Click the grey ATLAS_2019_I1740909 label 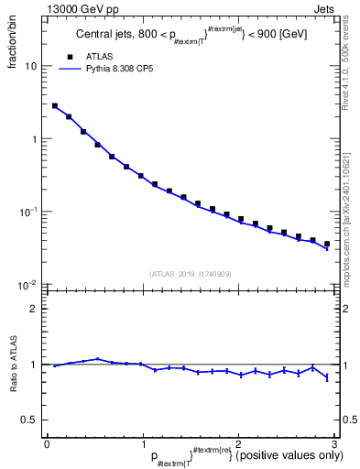tap(191, 273)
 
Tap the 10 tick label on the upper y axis tap(31, 67)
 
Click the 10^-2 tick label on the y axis tap(29, 285)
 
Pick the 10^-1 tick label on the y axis tap(29, 213)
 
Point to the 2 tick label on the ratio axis tap(37, 309)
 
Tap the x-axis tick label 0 tap(47, 444)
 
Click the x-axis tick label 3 tap(334, 444)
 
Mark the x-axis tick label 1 tap(143, 444)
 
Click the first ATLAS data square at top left tap(54, 106)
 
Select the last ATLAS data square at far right tap(327, 245)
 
